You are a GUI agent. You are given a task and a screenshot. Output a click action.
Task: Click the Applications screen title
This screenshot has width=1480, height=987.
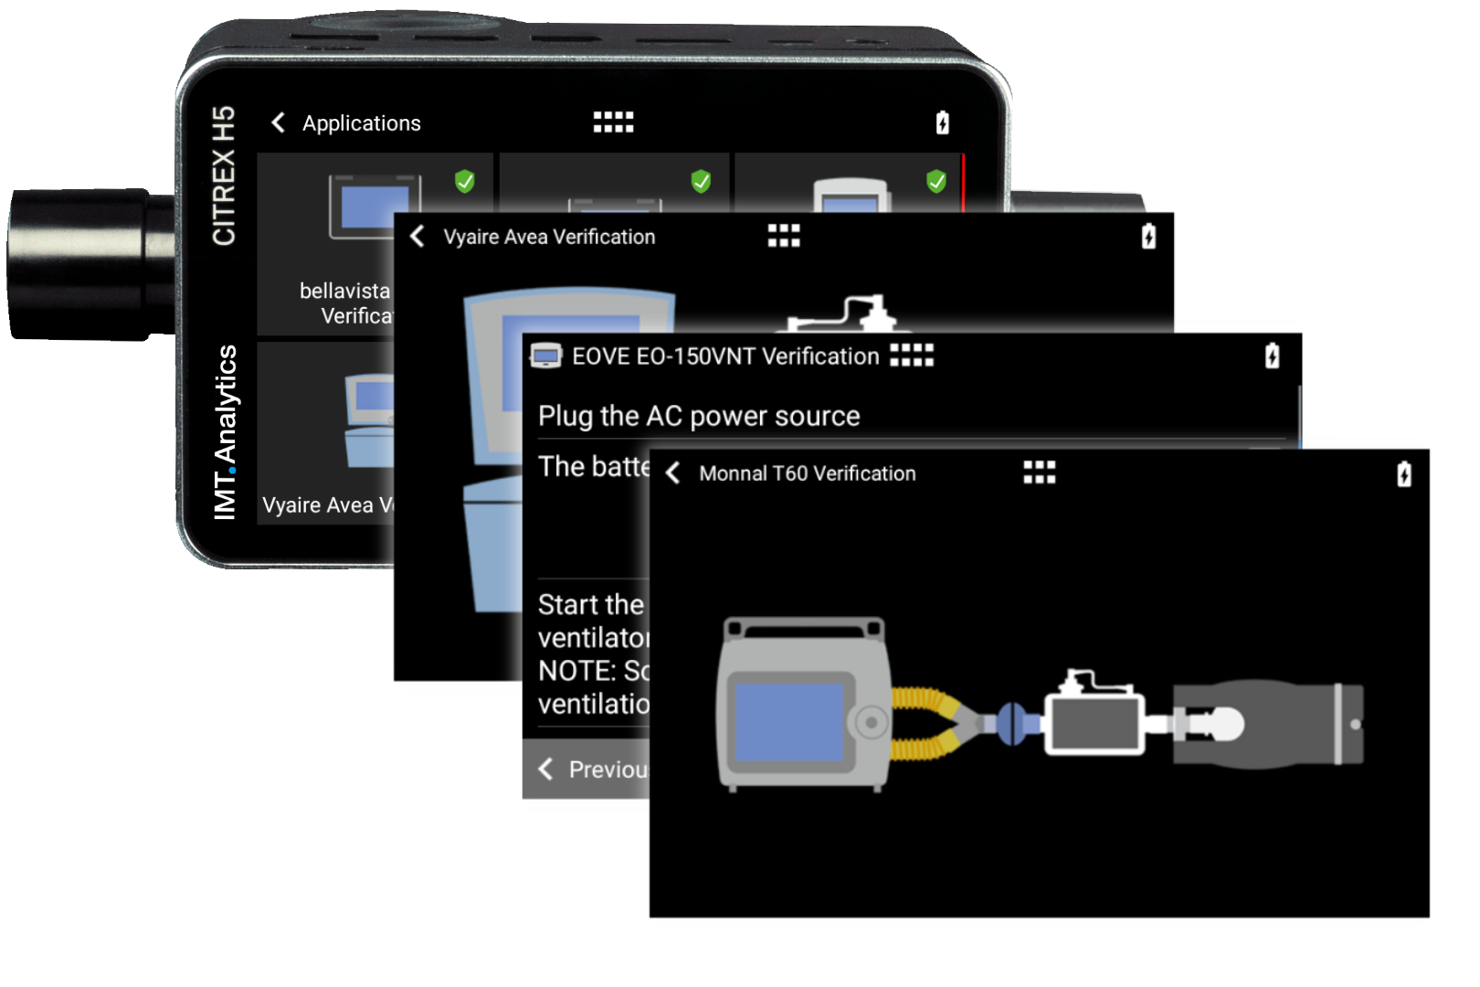click(x=361, y=123)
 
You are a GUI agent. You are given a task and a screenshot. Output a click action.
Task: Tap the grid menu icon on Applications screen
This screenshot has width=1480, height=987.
click(x=613, y=122)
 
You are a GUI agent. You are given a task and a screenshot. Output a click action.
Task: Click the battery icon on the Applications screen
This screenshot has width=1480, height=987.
click(x=943, y=122)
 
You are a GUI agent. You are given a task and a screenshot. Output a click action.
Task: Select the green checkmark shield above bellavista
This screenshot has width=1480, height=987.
click(x=465, y=181)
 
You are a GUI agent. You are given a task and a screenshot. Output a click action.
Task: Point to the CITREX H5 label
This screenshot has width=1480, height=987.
click(x=224, y=175)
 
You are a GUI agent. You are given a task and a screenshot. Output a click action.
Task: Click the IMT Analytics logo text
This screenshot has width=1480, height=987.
click(x=226, y=432)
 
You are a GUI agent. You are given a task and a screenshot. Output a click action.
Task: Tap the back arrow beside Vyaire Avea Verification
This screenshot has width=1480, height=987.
click(x=418, y=237)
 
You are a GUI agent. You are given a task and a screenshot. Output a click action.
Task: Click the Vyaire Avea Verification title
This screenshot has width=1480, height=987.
click(x=549, y=237)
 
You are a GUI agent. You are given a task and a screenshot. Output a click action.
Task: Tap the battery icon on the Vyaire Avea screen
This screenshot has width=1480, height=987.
click(x=1148, y=237)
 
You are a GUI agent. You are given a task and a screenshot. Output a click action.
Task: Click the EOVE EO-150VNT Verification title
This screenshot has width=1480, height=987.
click(x=725, y=356)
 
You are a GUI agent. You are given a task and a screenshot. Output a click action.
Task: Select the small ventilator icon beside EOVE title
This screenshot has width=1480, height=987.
click(x=545, y=356)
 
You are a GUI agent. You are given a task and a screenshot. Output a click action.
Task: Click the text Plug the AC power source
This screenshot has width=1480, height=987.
click(x=699, y=416)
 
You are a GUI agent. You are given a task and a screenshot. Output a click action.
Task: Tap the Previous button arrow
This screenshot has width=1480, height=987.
click(x=546, y=769)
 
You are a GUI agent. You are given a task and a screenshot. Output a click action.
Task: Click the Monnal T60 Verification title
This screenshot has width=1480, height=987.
click(x=807, y=473)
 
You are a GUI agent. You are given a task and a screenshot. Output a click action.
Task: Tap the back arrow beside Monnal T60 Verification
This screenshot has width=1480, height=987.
click(x=673, y=473)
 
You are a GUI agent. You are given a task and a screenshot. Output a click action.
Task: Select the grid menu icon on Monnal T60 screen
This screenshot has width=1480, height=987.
click(x=1039, y=472)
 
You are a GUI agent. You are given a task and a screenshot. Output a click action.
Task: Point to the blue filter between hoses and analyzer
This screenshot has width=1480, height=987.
click(x=1010, y=722)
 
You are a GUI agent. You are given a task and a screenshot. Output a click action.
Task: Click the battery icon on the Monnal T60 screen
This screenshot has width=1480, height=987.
click(x=1404, y=474)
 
